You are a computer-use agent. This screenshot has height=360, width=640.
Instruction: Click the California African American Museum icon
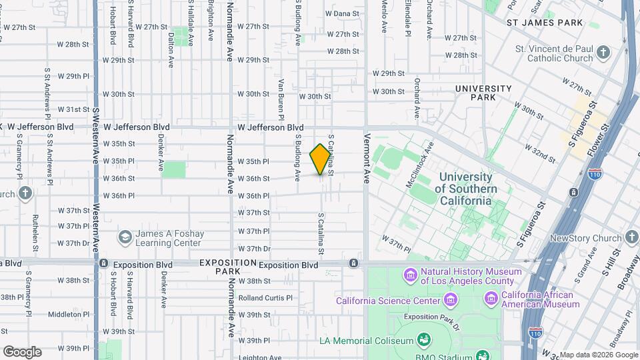tap(492, 298)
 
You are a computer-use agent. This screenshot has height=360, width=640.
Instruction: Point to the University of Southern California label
tap(466, 184)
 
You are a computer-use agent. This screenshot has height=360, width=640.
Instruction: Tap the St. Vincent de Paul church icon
tap(603, 53)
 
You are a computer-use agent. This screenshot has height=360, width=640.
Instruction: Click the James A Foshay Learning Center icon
tap(125, 238)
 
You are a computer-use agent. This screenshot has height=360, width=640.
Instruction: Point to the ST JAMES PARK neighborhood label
tap(544, 23)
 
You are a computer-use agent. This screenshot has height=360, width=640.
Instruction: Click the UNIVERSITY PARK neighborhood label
tap(483, 93)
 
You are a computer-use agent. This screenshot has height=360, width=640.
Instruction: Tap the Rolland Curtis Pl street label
tap(265, 297)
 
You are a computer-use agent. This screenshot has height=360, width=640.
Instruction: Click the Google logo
tap(21, 352)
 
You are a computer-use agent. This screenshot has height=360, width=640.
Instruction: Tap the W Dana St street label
tap(342, 13)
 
